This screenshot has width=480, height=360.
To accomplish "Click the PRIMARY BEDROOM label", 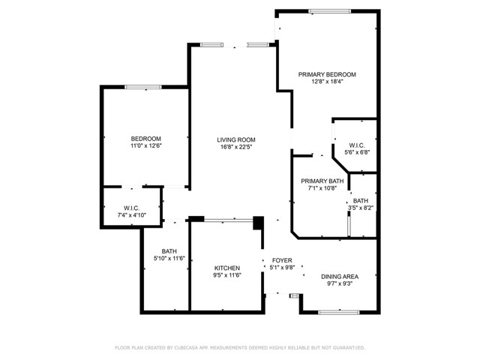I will (326, 74).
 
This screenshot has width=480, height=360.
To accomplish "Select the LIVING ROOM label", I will (236, 139).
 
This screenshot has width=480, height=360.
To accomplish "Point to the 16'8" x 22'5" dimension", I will (236, 147).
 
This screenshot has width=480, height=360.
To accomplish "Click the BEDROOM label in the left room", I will (145, 139).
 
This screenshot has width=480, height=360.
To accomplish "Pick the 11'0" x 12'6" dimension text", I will (145, 146).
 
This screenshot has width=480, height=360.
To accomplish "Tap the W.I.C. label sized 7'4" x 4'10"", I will (131, 208).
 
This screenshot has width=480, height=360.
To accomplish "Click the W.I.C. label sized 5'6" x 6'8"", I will (357, 145).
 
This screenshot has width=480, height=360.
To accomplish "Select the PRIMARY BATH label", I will (322, 181).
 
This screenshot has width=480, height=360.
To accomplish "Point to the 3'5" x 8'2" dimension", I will (361, 208).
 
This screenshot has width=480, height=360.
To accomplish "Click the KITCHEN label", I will (226, 268).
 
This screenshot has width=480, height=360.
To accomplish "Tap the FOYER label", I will (281, 259).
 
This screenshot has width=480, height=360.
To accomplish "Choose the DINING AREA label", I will (340, 277).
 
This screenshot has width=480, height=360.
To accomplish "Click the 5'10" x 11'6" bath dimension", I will (169, 259).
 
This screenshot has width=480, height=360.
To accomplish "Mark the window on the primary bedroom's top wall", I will (330, 10).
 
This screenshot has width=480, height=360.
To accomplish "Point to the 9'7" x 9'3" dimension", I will (340, 284).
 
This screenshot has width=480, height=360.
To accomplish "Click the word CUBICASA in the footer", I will (193, 348).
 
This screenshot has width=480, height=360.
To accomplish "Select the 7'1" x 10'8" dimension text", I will (322, 189).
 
